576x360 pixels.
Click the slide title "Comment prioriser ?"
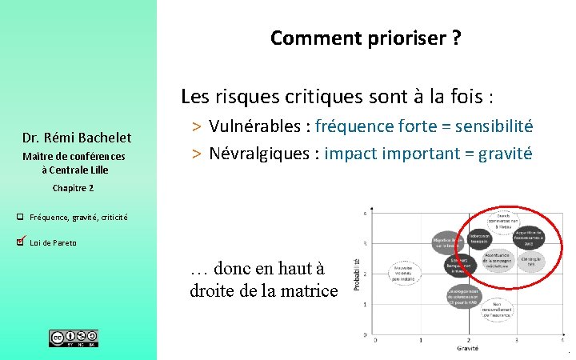coord(365,38)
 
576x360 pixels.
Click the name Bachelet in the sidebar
coord(102,137)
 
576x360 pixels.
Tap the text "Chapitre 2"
coord(73,187)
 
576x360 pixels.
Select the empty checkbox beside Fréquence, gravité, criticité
coord(20,217)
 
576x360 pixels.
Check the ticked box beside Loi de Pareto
coord(21,241)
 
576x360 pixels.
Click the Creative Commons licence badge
coord(74,338)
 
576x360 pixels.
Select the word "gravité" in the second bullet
coord(505,153)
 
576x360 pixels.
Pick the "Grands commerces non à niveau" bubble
coord(503,220)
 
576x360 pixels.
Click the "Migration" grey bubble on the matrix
coord(447,242)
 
